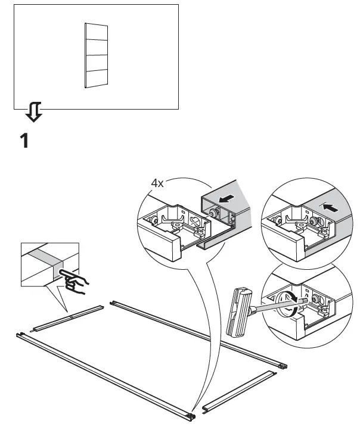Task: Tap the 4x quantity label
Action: [x=157, y=183]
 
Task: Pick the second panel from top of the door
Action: [x=96, y=48]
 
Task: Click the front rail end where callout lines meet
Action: [x=191, y=413]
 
